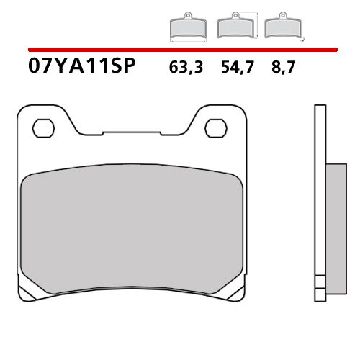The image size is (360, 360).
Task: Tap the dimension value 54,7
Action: coord(234,69)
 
